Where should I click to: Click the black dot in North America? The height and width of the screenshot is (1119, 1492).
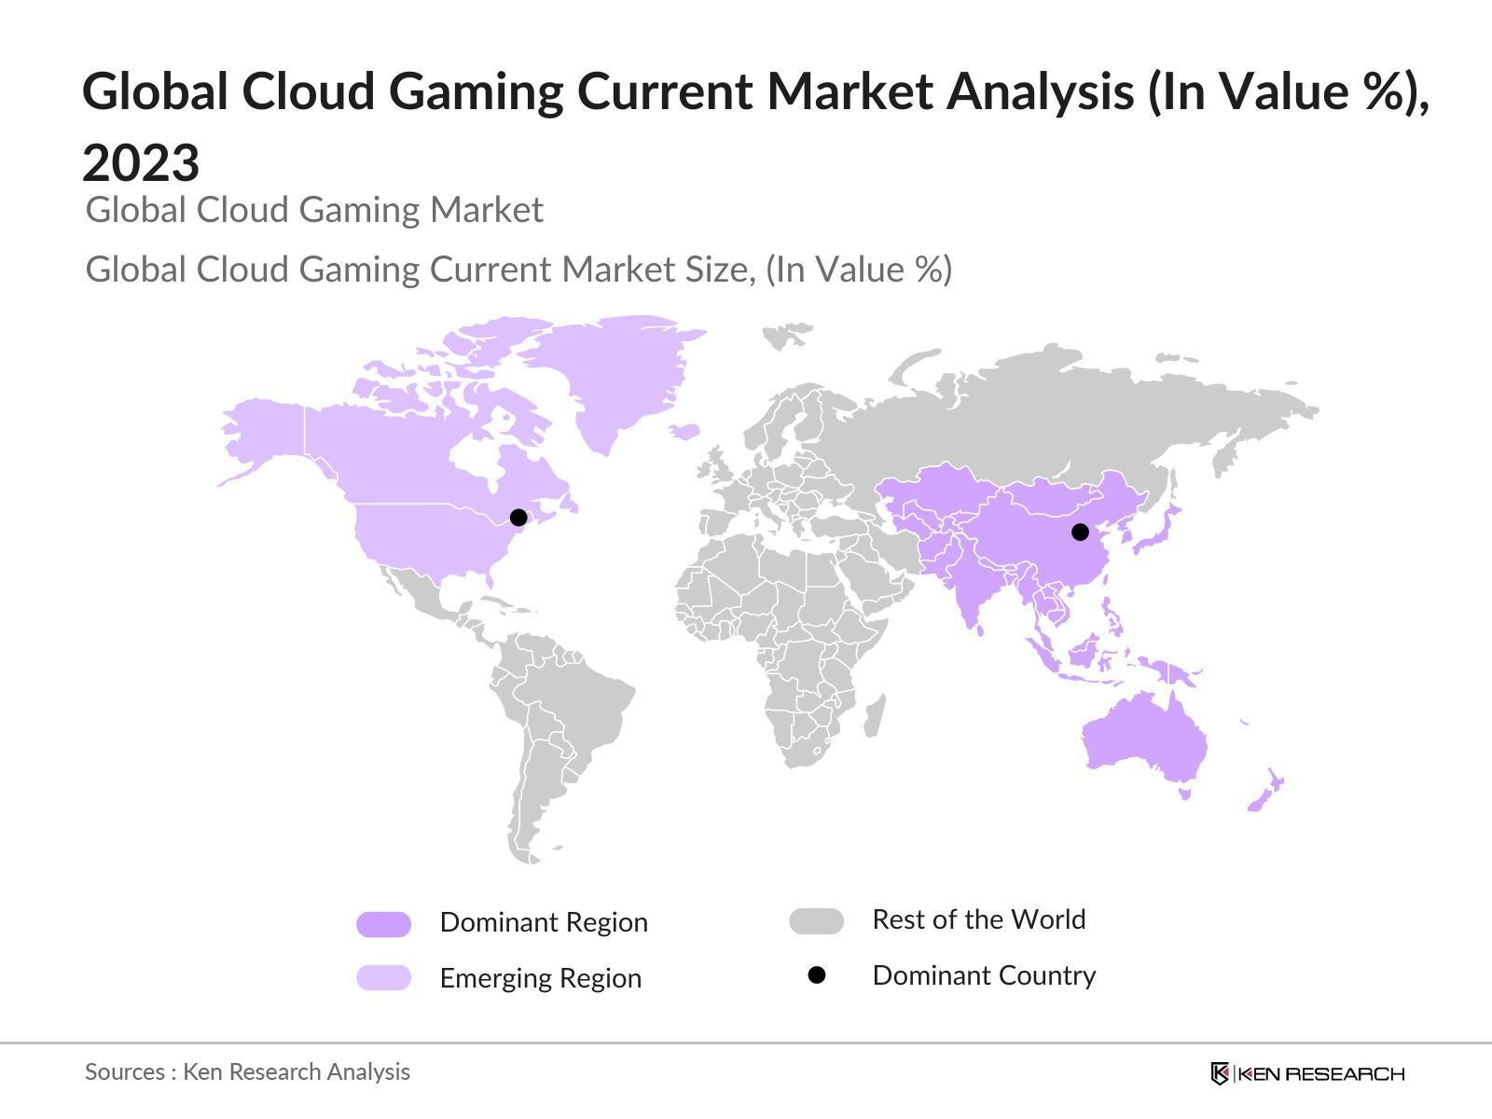tap(518, 518)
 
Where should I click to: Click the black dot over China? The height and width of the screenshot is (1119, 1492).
tap(1080, 532)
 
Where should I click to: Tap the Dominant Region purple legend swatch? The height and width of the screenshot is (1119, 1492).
tap(383, 924)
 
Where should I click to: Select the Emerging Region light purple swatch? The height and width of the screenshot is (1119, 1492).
tap(383, 977)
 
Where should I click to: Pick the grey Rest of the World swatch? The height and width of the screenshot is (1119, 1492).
tap(816, 921)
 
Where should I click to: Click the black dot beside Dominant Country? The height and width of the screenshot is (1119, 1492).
tap(817, 975)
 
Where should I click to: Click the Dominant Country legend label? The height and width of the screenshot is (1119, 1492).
tap(984, 975)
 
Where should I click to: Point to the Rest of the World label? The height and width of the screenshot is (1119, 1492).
tap(978, 919)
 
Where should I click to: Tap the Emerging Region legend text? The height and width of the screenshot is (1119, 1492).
tap(540, 978)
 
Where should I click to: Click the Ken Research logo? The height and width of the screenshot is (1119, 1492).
tap(1307, 1073)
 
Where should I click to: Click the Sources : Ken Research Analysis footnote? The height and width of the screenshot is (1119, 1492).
tap(247, 1072)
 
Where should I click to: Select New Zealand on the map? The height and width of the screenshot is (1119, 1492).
tap(1265, 793)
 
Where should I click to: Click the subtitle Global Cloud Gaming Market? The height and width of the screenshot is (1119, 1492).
tap(314, 211)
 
